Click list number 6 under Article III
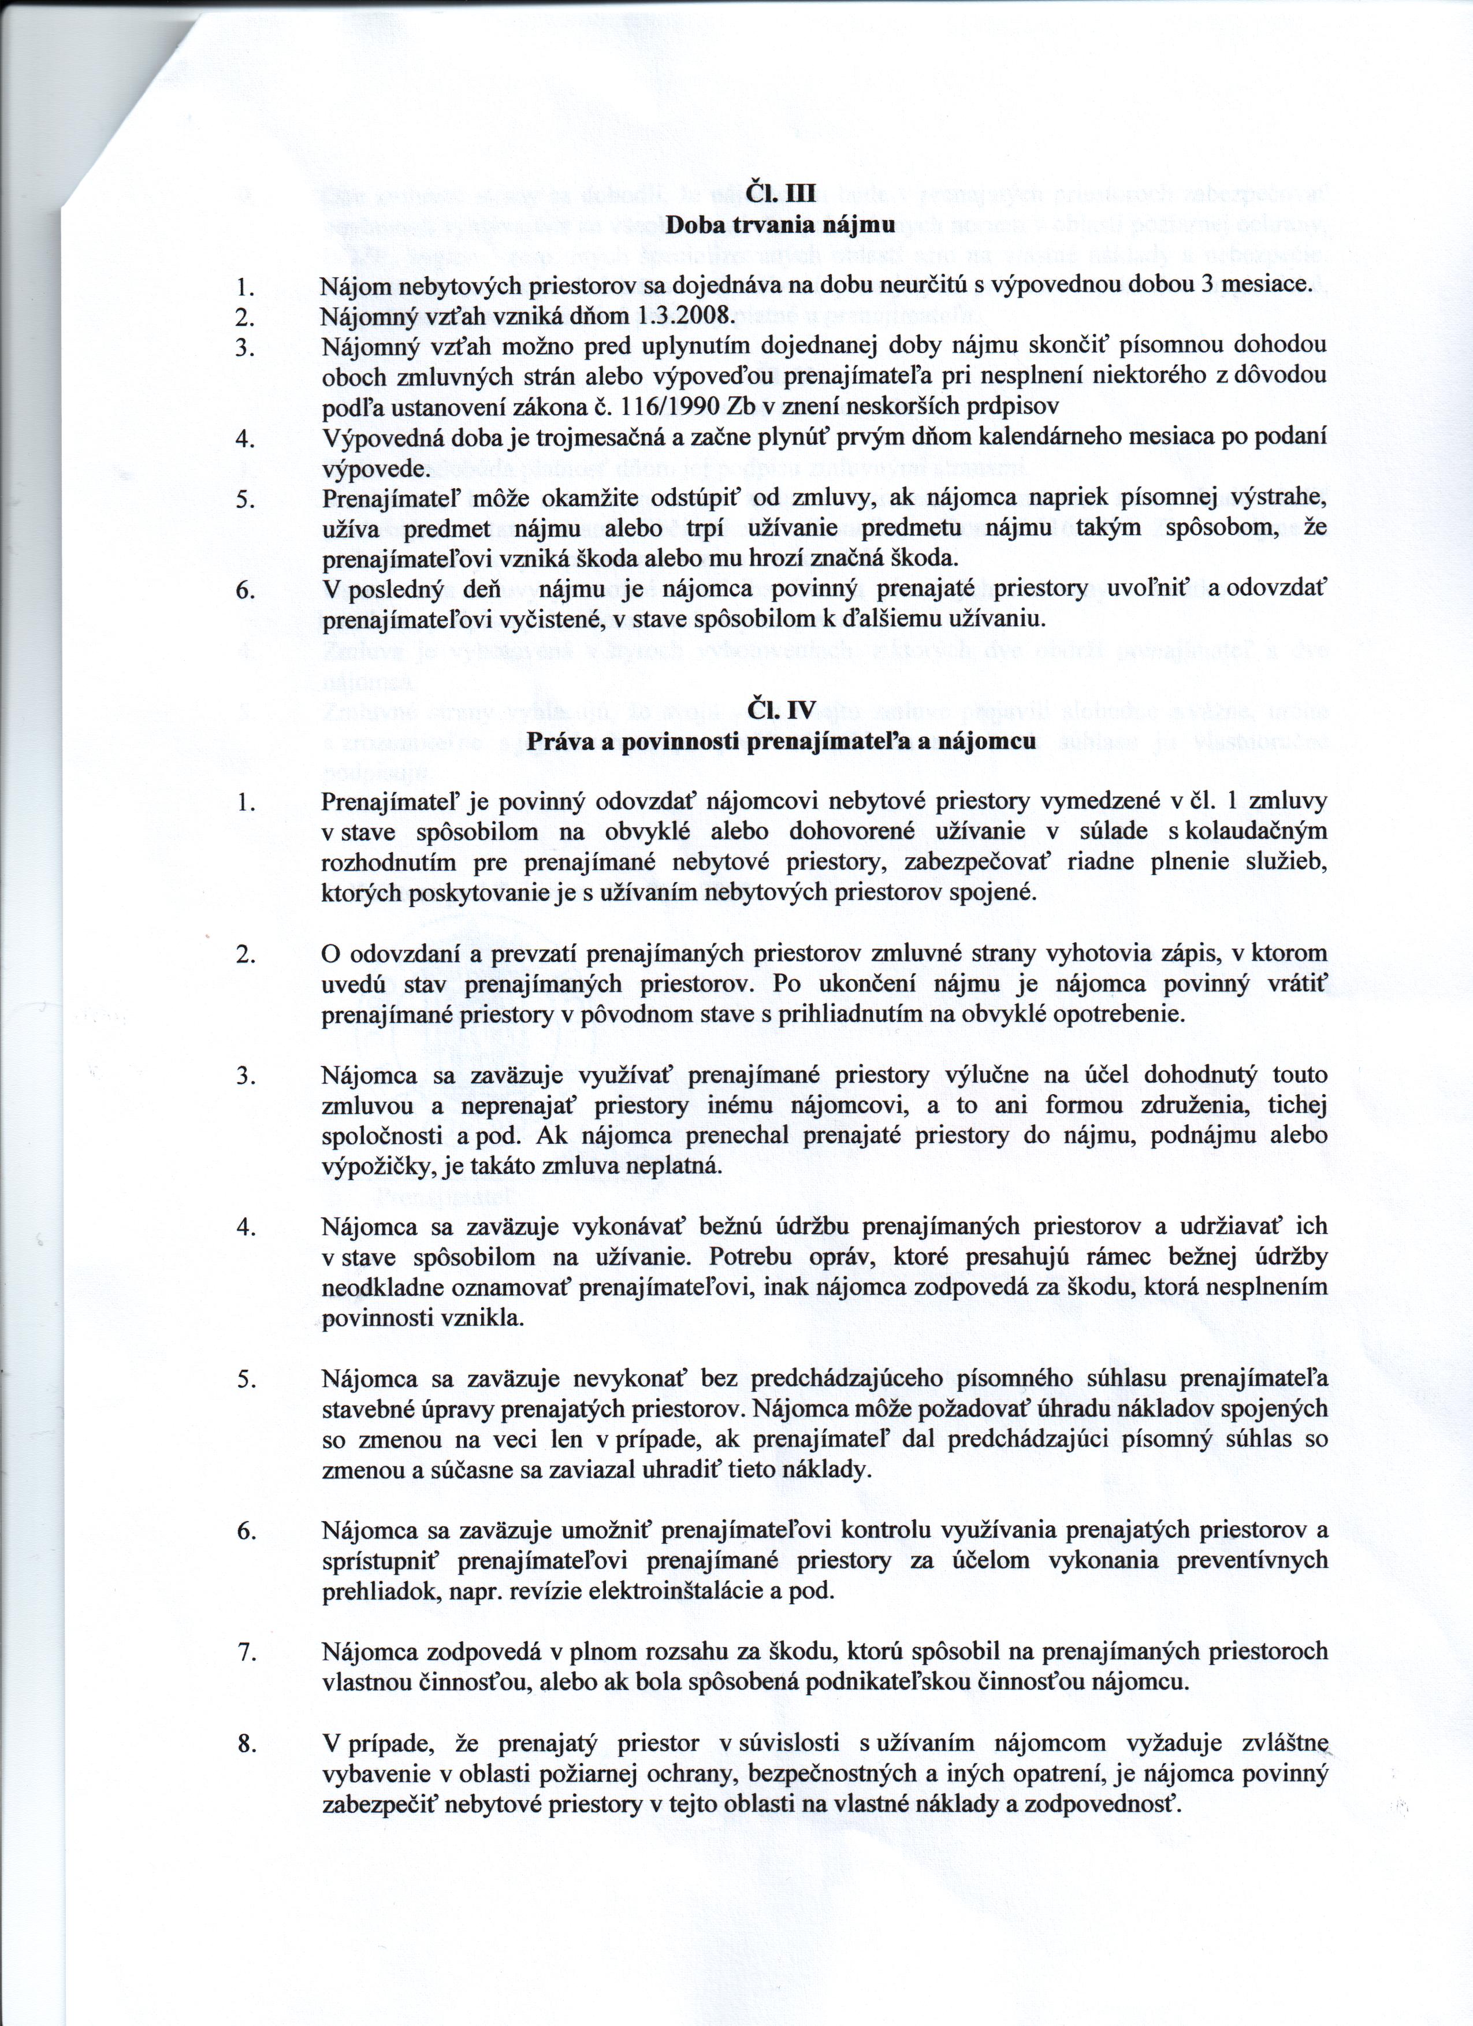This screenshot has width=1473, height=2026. pyautogui.click(x=247, y=590)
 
